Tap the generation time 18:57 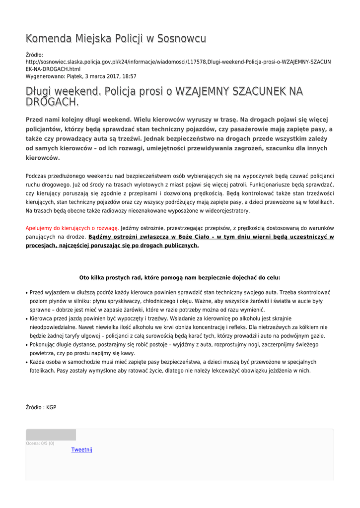tap(129, 76)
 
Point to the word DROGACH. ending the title tap(52, 102)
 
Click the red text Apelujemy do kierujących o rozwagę tap(72, 228)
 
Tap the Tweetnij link tap(82, 449)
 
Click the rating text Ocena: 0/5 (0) tap(40, 444)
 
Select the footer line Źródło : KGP tap(41, 407)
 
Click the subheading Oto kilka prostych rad tap(180, 278)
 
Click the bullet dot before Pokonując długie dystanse tap(27, 345)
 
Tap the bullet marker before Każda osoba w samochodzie tap(27, 363)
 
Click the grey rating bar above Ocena tap(51, 435)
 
